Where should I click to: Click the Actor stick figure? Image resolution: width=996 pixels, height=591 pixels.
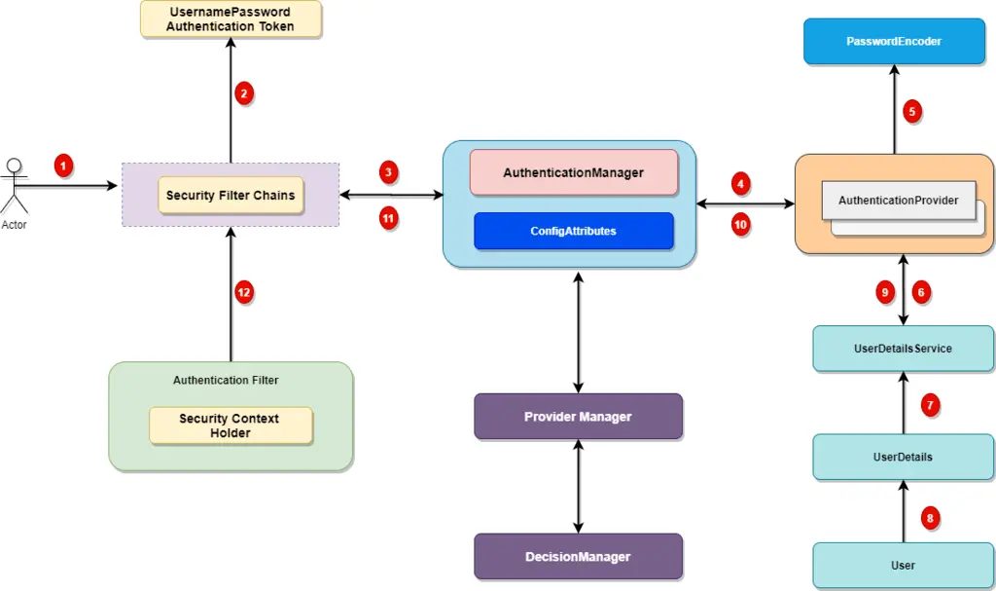coord(14,186)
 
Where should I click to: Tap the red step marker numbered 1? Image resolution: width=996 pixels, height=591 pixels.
coord(63,166)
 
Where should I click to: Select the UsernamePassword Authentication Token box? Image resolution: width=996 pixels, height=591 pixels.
coord(231,19)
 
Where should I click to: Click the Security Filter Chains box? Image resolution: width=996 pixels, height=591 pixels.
coord(231,196)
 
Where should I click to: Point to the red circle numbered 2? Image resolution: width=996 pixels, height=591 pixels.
coord(244,93)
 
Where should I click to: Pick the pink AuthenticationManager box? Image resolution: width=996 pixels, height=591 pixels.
coord(573,172)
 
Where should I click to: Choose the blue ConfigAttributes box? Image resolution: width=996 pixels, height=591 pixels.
coord(573,231)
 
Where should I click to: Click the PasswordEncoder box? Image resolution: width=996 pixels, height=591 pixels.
coord(894,42)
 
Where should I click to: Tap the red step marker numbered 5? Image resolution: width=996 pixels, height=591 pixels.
coord(911,111)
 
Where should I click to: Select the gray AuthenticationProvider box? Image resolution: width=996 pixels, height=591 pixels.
coord(898,201)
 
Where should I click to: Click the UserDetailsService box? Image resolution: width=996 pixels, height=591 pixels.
coord(903,349)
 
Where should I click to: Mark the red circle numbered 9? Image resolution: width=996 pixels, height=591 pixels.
coord(884,291)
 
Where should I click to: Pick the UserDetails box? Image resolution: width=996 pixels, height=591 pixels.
coord(903,457)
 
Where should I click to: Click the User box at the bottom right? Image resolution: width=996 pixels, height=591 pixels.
coord(903,565)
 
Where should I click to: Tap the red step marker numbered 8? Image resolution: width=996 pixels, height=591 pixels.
coord(930,518)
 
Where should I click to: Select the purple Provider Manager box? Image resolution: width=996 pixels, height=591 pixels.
coord(578,417)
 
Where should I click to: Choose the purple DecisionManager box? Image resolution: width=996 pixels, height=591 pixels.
coord(578,557)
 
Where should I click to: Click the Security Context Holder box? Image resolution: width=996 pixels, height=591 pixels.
coord(230,425)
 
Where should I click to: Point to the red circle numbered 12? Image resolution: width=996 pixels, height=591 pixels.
coord(244,291)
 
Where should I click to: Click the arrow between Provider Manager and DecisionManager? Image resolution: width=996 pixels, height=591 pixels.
coord(579,486)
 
